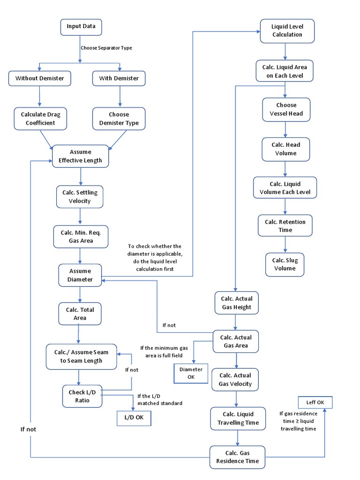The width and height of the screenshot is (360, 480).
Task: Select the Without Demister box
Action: point(40,78)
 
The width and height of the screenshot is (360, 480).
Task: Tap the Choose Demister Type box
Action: point(119,119)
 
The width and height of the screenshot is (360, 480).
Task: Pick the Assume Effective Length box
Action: point(81,157)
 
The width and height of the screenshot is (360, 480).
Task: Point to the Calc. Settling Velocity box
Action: point(80,197)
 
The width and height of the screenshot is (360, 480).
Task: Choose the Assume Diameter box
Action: point(81,275)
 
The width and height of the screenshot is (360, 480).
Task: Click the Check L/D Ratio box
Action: point(82,397)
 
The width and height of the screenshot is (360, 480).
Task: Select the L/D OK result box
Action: point(134,418)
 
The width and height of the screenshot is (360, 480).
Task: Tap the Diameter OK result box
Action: point(191,373)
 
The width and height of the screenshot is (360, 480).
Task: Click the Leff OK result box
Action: point(315,402)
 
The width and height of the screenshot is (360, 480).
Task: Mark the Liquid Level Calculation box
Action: point(287,30)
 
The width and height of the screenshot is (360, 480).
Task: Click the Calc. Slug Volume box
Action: point(285,264)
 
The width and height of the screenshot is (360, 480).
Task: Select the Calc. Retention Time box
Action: point(285,226)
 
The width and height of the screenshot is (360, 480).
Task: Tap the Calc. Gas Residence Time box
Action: point(237,457)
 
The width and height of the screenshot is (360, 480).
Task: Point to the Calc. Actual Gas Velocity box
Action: point(235,380)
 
